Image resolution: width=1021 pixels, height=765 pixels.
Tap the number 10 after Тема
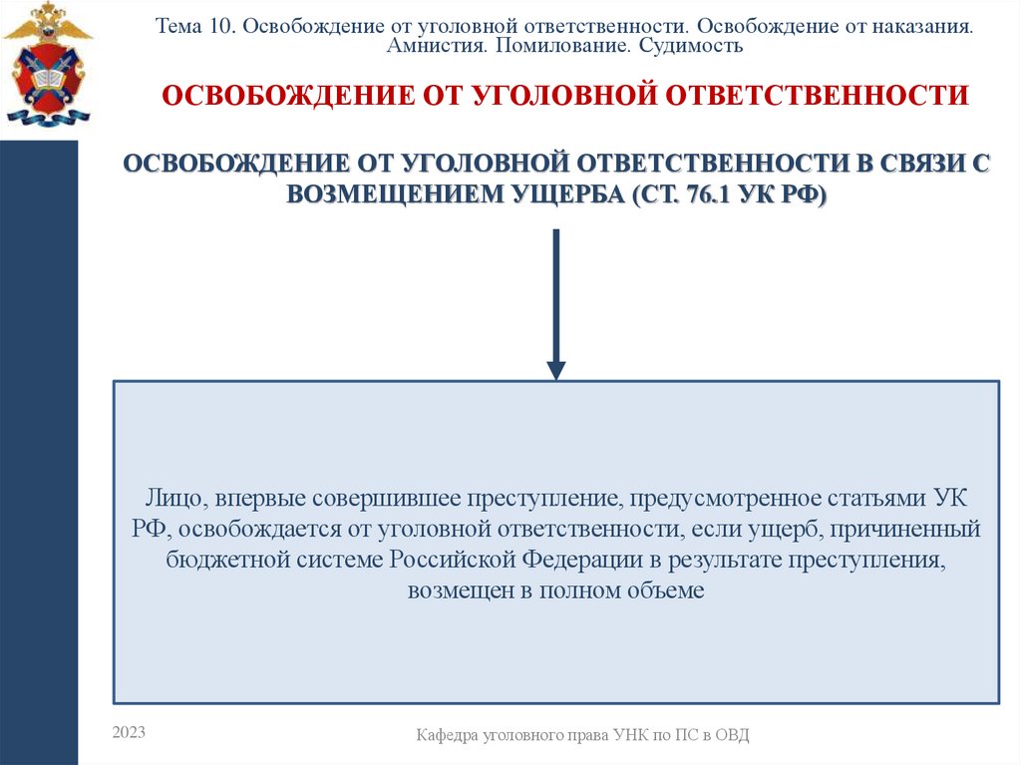219,27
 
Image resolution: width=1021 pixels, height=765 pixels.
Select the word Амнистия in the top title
432,46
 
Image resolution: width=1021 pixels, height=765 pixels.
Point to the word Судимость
688,46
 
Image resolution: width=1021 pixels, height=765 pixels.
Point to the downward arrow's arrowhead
556,369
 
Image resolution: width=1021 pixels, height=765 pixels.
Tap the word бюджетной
227,559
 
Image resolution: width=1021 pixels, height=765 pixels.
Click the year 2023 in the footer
129,732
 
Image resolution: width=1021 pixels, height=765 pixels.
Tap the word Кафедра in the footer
448,735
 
